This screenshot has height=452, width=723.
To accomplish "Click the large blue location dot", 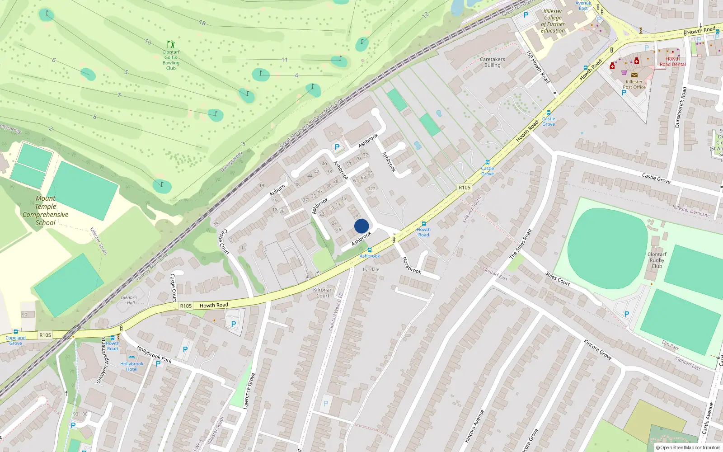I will (x=361, y=226).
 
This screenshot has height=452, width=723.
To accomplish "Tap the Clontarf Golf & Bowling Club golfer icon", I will (x=171, y=44).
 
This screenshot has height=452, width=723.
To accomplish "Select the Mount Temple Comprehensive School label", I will (x=46, y=211).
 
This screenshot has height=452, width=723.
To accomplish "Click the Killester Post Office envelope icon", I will (x=634, y=75).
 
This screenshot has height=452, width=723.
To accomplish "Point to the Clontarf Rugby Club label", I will (x=657, y=260).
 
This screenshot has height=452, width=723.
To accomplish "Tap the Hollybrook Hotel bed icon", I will (x=132, y=357).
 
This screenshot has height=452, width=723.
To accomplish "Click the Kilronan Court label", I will (x=323, y=293).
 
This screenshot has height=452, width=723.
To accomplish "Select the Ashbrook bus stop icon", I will (x=370, y=250).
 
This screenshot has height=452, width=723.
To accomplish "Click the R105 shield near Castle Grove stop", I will (x=465, y=188).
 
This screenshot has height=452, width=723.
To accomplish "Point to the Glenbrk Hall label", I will (x=129, y=300).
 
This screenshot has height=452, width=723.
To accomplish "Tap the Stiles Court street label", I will (x=558, y=278).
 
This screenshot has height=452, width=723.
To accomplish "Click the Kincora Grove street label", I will (x=597, y=349).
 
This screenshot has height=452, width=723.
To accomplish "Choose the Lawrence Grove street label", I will (x=249, y=391).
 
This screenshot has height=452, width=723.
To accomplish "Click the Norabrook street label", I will (x=412, y=265).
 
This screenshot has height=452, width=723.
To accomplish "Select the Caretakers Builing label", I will (x=493, y=62).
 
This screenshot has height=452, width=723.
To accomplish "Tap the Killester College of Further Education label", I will (x=553, y=21).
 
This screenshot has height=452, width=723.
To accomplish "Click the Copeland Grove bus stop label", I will (x=16, y=340).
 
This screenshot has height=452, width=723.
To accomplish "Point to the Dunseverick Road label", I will (x=680, y=107).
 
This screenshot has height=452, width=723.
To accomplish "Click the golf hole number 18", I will (x=202, y=23).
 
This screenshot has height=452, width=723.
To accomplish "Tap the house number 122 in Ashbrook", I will (x=371, y=189).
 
